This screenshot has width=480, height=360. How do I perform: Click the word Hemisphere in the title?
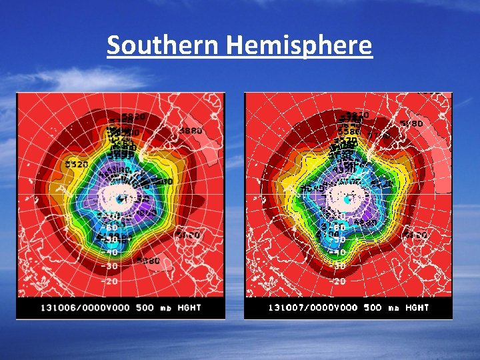(299, 46)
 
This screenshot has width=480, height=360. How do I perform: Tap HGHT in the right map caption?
(417, 308)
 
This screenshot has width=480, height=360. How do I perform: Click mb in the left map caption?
(167, 308)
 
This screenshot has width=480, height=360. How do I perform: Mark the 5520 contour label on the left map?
(77, 164)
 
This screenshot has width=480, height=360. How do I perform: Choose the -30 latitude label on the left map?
(111, 266)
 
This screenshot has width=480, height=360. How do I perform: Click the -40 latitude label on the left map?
(111, 252)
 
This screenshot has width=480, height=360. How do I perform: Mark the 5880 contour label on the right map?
(411, 123)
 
